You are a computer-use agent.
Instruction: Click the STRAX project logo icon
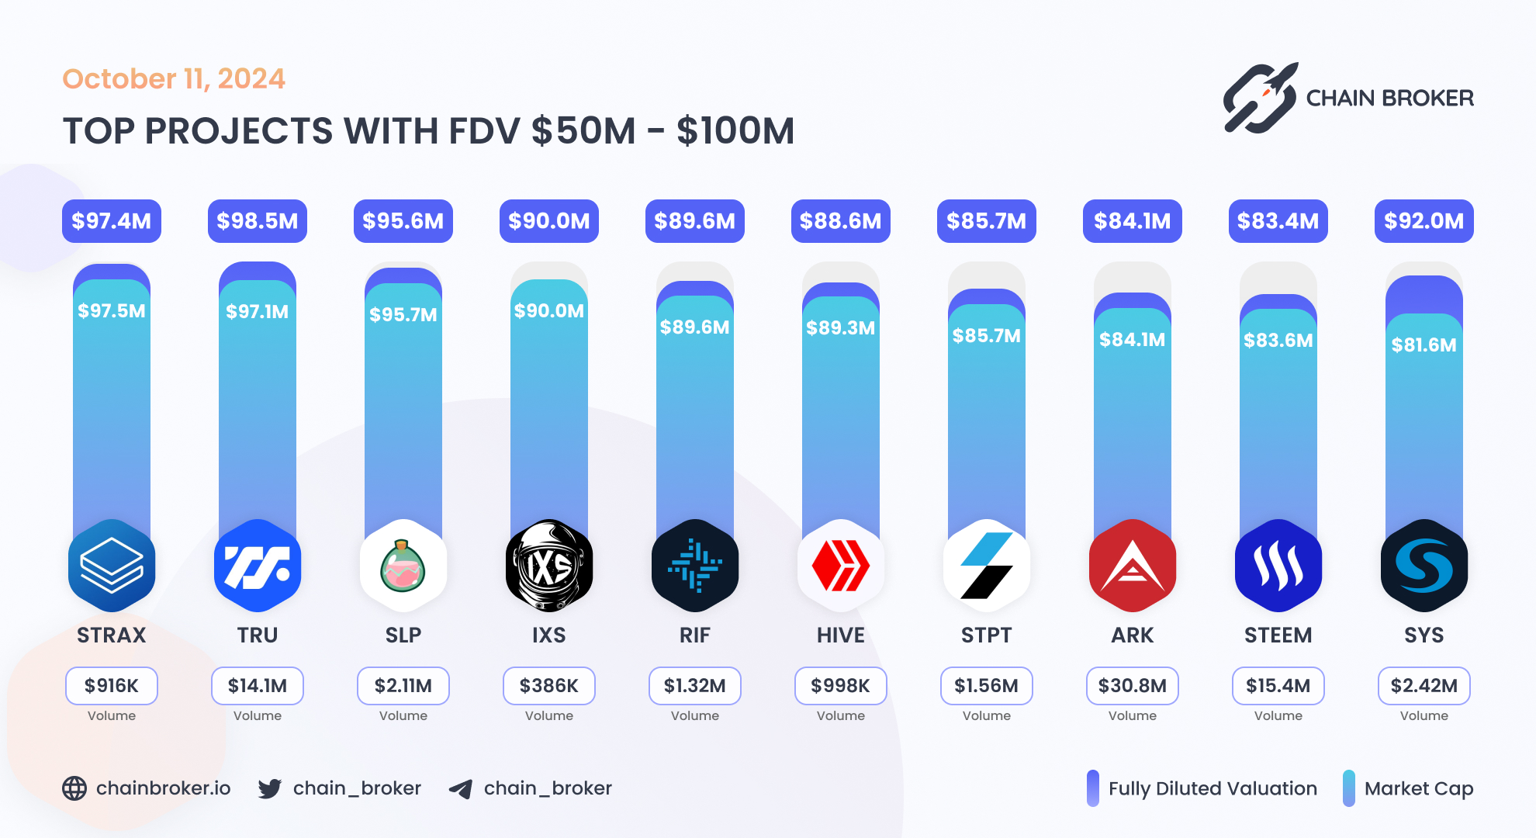[112, 566]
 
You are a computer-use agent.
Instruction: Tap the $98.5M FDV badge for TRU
[258, 221]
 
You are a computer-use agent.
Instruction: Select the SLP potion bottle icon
[403, 566]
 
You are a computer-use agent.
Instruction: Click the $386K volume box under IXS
[549, 686]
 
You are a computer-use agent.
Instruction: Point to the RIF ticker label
[695, 635]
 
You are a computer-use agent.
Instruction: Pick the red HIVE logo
[841, 566]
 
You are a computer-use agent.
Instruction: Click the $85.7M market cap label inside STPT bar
[987, 335]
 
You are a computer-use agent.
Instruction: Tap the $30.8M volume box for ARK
[1133, 686]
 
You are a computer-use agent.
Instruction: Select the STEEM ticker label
[1278, 635]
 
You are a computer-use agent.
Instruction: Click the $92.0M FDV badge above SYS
[1424, 221]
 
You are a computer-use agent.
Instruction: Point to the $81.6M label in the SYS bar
[1424, 345]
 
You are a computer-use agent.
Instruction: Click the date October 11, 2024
[174, 78]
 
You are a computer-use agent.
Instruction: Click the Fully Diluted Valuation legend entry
[1202, 788]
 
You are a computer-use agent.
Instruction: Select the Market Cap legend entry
[1409, 788]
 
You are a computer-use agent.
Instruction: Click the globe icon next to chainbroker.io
[74, 788]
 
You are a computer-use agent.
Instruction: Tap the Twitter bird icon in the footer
[270, 788]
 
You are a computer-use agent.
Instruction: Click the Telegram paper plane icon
[461, 789]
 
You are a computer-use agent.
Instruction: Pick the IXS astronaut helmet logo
[549, 566]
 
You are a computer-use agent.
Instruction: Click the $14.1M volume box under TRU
[258, 686]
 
